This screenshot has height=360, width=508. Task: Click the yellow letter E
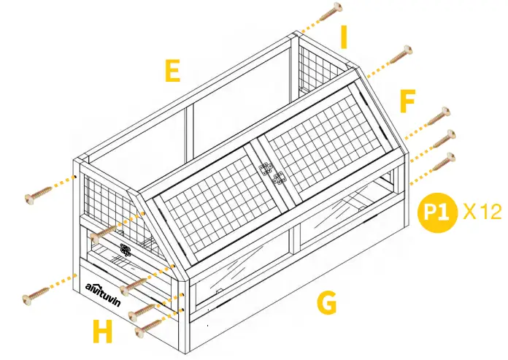(172, 71)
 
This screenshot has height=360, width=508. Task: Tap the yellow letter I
(344, 36)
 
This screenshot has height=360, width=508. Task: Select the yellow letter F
(407, 102)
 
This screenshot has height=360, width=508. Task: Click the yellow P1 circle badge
(435, 212)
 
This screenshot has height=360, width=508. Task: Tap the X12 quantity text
(482, 212)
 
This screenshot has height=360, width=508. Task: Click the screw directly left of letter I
(331, 9)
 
